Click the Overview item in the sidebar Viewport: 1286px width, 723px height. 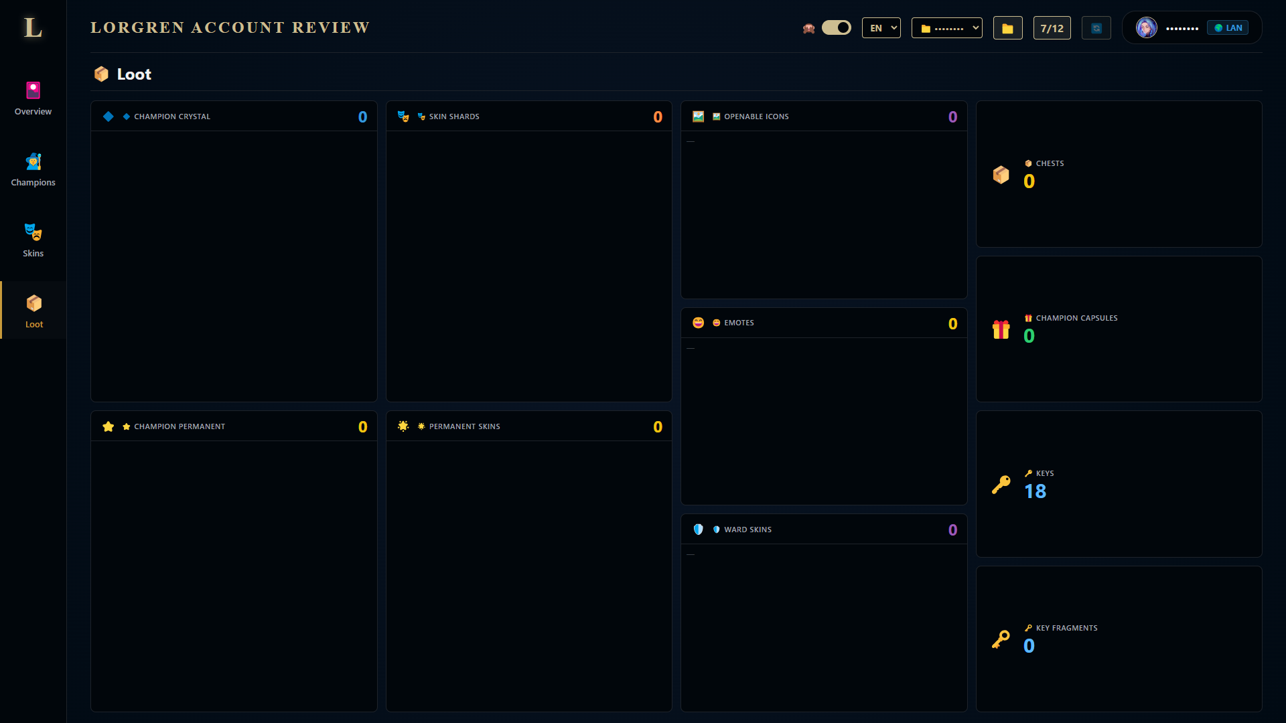33,99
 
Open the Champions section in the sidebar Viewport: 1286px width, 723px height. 33,170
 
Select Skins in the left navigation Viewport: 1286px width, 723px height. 33,241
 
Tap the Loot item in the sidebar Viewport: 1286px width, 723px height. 33,311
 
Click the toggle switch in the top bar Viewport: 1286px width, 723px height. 836,27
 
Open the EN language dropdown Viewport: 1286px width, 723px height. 881,27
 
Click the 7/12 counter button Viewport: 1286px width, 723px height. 1052,28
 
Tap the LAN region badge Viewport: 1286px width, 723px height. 1228,27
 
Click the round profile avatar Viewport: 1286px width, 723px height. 1147,27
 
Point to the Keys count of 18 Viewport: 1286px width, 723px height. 1035,491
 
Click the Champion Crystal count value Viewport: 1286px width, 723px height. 362,117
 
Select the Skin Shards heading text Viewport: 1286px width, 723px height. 454,116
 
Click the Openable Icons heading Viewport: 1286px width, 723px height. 756,116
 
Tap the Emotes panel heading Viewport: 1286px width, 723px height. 739,323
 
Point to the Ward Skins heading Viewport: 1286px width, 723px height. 747,530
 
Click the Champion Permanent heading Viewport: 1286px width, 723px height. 180,426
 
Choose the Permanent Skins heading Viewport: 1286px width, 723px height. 464,426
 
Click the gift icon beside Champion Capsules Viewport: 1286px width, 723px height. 1001,329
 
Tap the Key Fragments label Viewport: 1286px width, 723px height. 1066,628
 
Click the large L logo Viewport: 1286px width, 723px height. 33,27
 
